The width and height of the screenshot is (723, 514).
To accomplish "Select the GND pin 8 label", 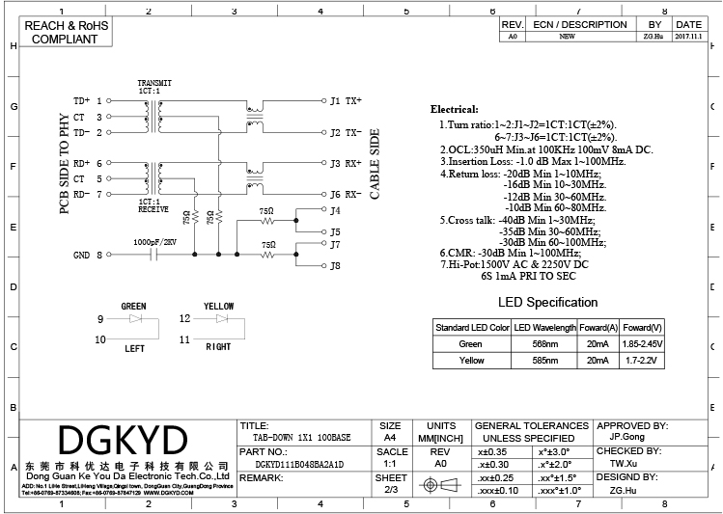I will pos(87,255).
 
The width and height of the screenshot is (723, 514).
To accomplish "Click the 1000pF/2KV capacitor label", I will pos(154,241).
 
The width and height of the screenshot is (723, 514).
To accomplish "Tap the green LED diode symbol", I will pos(136,317).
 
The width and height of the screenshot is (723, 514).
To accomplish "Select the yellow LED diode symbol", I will pos(222,317).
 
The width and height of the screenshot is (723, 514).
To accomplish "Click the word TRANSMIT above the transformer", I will pos(154,83).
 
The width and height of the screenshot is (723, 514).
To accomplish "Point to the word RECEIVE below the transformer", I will pos(153,209).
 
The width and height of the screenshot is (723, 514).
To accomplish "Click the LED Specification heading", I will pos(547,303).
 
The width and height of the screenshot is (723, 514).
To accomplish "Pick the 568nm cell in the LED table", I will pos(545,343).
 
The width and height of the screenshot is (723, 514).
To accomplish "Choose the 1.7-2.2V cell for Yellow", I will pos(642,360).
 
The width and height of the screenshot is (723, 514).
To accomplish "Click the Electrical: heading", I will pos(454,110).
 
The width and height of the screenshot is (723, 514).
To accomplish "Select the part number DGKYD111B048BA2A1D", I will pos(292,464).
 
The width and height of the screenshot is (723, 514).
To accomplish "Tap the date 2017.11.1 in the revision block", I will pos(689,36).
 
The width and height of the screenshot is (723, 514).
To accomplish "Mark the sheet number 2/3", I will pos(390,490).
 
